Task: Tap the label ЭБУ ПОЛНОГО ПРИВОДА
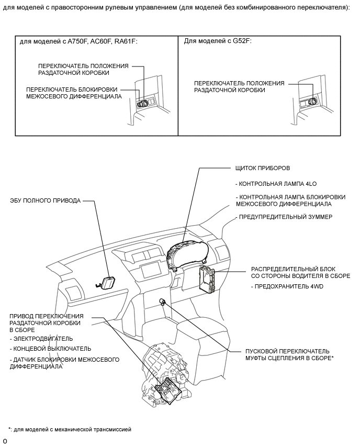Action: point(46,200)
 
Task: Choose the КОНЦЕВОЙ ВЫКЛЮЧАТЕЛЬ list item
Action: point(50,349)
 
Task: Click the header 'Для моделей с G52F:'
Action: point(218,41)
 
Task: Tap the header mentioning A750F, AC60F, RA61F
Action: point(78,41)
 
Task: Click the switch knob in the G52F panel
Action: point(314,101)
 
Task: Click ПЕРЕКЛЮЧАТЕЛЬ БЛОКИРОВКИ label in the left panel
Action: point(72,89)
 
